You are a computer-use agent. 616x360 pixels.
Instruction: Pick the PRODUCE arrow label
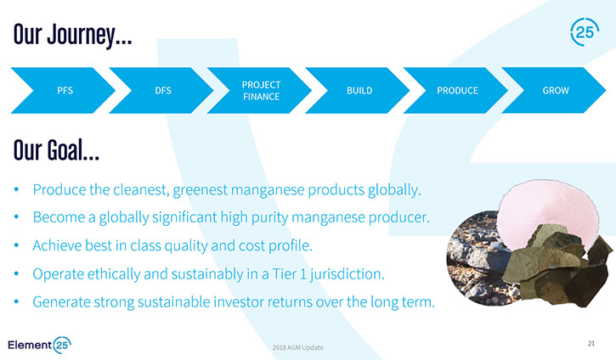[457, 91]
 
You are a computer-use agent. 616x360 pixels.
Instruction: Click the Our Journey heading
[73, 36]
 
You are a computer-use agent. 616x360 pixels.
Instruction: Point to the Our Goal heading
[56, 150]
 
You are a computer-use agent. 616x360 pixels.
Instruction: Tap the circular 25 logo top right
[585, 31]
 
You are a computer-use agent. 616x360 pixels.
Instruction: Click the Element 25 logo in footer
[39, 345]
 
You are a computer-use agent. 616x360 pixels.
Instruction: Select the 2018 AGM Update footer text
[297, 347]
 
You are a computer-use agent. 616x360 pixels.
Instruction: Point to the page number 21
[591, 344]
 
